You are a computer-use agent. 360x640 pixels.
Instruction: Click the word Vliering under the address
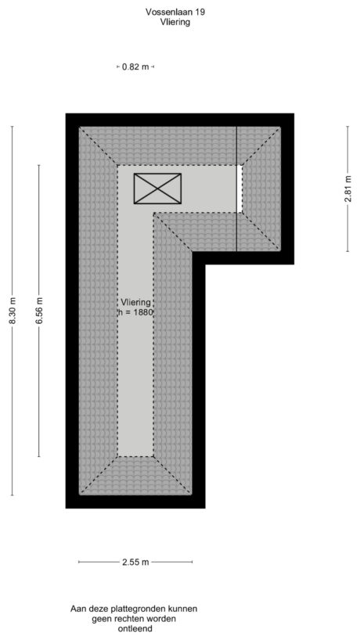174,23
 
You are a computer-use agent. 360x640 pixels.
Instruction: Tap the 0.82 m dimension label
135,67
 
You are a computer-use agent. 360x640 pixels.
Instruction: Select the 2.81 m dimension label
347,189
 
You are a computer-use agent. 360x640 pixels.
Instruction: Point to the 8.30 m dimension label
13,311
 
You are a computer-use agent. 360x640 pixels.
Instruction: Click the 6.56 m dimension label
39,311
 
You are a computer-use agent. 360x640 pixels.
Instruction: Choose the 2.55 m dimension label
135,562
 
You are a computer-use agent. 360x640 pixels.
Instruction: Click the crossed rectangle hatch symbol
157,189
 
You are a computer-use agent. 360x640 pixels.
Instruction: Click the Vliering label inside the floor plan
135,301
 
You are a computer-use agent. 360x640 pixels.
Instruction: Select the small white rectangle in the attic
239,188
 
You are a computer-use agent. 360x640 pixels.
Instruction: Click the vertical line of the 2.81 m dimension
347,227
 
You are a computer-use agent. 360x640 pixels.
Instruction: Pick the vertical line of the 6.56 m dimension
39,391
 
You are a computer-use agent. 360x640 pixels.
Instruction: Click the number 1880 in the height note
142,311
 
